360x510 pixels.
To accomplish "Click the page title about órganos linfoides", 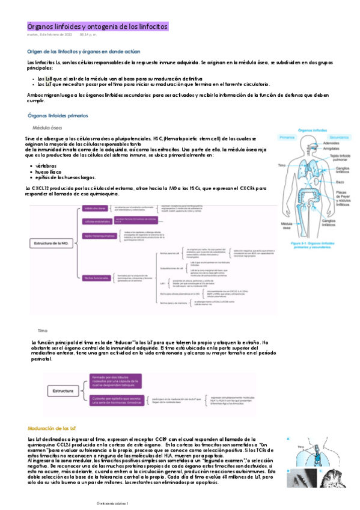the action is pos(98,26).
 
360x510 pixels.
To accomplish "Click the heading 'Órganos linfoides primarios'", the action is pos(58,115).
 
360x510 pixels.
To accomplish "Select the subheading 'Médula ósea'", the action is pos(46,128).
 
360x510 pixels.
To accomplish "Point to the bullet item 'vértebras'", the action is pos(47,164).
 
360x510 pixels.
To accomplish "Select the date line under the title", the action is pos(58,35).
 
